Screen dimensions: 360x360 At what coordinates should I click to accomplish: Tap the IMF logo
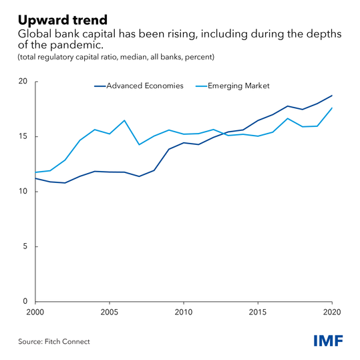point(328,341)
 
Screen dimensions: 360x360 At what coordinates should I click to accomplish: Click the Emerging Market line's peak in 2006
point(124,120)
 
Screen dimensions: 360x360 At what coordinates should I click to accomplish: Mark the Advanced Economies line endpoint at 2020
point(332,96)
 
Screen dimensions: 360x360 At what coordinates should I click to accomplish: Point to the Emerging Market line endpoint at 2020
point(332,108)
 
